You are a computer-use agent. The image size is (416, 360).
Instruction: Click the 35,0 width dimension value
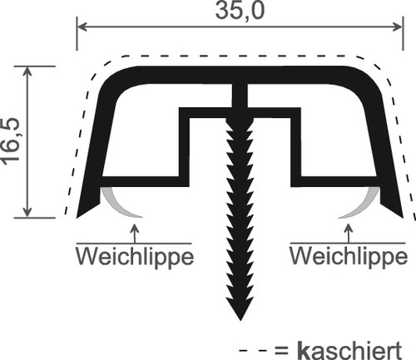[x=240, y=11]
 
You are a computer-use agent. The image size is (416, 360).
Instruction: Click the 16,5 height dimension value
[x=11, y=141]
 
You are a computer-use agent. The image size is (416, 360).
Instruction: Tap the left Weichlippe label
[x=135, y=257]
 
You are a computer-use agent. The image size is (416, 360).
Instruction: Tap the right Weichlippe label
[x=349, y=256]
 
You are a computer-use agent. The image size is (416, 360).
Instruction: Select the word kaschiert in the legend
[x=349, y=351]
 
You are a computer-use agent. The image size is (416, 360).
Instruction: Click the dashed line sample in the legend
[x=253, y=351]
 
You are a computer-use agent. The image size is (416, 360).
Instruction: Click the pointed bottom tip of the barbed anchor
[x=240, y=320]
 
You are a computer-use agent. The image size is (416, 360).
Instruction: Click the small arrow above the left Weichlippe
[x=135, y=233]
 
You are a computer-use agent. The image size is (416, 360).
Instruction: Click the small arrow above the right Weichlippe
[x=349, y=233]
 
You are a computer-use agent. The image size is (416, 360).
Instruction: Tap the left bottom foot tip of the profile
[x=77, y=217]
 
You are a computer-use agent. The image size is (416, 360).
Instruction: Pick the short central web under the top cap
[x=240, y=96]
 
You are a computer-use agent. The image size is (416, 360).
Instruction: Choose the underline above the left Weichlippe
[x=134, y=244]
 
